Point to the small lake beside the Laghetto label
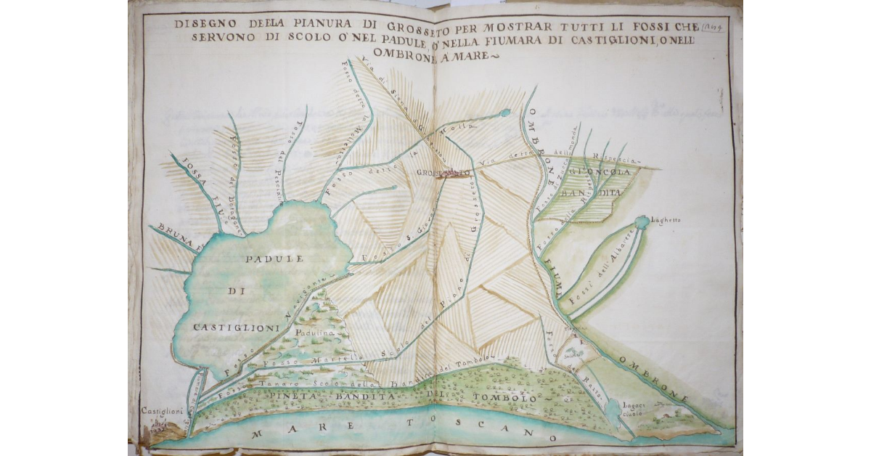[642, 221]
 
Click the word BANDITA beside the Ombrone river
[597, 193]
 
